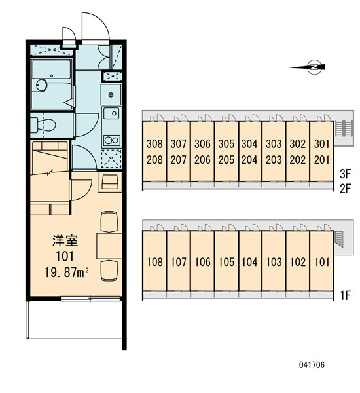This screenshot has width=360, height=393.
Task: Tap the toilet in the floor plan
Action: click(x=43, y=125)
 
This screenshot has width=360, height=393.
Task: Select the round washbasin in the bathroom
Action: click(x=41, y=85)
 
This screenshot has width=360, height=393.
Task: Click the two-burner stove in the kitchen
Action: click(x=112, y=140)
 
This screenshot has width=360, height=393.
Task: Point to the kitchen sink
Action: click(x=111, y=113)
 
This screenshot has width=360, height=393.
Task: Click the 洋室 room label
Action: click(x=65, y=240)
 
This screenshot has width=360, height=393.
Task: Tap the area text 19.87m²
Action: click(x=67, y=272)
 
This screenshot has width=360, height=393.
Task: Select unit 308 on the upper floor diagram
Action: click(x=154, y=144)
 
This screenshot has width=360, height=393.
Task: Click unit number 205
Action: click(x=226, y=160)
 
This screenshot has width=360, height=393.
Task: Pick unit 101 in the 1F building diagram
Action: click(x=322, y=262)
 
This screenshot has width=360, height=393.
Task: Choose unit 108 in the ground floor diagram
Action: click(x=154, y=262)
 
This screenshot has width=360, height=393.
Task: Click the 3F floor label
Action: click(x=346, y=174)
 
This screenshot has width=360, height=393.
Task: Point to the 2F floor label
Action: click(x=346, y=189)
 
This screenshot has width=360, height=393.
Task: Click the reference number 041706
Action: click(x=312, y=365)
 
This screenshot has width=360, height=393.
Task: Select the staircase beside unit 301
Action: click(x=344, y=128)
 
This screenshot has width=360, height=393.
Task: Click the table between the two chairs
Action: click(x=109, y=246)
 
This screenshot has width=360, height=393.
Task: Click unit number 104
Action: click(x=249, y=262)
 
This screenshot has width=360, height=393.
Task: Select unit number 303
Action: click(x=274, y=144)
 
